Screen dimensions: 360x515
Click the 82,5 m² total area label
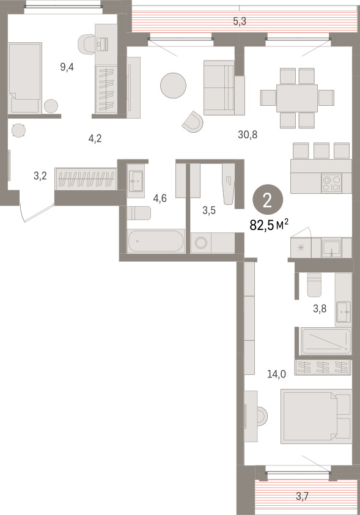[269, 225]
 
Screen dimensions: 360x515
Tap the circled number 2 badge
[268, 199]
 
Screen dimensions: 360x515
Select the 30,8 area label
[248, 134]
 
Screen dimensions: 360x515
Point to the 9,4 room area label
[67, 67]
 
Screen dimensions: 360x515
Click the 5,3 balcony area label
[240, 21]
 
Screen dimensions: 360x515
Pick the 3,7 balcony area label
[303, 496]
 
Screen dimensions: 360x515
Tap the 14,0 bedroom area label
[276, 374]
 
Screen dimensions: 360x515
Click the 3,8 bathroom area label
[320, 308]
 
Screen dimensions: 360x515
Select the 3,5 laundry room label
[209, 210]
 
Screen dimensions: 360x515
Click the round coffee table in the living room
[173, 86]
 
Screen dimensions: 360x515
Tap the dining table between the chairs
[296, 98]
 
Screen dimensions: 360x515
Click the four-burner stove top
[331, 183]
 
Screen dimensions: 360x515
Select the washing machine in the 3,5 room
[201, 243]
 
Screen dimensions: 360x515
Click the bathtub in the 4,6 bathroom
[156, 241]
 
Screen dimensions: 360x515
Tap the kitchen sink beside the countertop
[331, 248]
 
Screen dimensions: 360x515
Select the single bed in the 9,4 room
[25, 78]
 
